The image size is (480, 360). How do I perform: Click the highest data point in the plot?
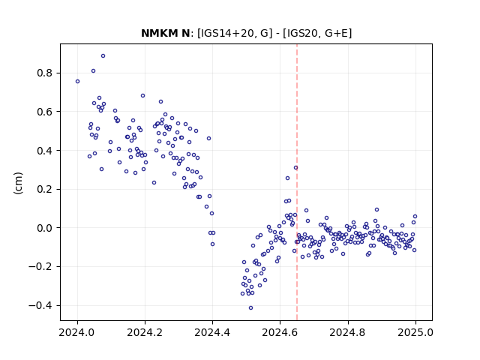coord(103,56)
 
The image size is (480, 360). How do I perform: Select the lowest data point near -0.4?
coord(250,308)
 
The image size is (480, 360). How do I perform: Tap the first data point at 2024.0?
coord(77,82)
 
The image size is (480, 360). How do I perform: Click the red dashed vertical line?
coord(297,182)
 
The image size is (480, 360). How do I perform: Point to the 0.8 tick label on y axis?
coord(45,73)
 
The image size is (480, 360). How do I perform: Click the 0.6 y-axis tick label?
coord(45,112)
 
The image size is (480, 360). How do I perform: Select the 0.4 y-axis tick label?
coord(45,151)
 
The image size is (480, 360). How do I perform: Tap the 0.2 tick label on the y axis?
coord(45,189)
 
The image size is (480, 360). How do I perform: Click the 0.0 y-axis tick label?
coord(45,228)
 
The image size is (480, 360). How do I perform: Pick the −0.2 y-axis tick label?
coord(40,267)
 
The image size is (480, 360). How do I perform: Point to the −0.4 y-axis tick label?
coord(40,305)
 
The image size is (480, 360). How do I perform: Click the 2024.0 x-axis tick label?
coord(77,332)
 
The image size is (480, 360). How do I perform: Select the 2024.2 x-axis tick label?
coord(145,332)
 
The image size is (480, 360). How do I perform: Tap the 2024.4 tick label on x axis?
coord(212,332)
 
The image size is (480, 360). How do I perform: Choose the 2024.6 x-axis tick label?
coord(280,332)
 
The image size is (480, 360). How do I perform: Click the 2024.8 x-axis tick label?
coord(348,332)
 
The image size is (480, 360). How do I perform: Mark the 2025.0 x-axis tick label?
coord(415,332)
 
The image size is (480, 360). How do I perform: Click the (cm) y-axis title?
coord(18,183)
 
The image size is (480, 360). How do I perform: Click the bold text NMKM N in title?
coord(166,33)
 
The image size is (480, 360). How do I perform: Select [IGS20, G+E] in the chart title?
coord(317,33)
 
